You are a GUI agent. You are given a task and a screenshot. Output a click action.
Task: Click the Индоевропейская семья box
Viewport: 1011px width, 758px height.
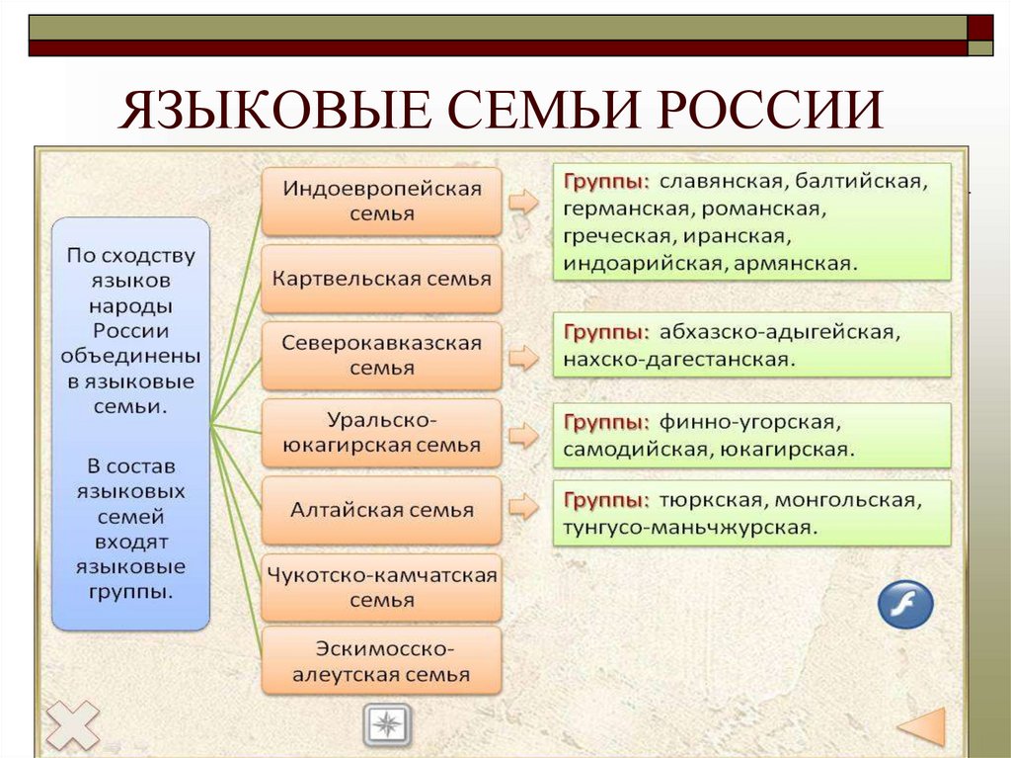381,201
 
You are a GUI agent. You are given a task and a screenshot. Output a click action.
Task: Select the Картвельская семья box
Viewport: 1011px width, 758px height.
381,279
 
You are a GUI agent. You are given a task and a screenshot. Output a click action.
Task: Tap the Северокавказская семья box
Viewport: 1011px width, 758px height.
381,356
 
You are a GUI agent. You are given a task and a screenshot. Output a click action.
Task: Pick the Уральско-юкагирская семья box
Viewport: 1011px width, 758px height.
381,433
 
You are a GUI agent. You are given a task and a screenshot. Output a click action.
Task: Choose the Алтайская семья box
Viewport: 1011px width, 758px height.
381,510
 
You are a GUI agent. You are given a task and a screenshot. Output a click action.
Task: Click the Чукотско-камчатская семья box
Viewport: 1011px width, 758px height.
381,588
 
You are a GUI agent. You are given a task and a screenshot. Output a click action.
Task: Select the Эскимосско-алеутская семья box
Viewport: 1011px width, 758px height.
381,663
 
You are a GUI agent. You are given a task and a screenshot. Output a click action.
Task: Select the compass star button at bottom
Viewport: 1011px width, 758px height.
387,725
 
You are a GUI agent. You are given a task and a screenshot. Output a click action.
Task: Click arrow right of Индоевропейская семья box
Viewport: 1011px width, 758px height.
523,203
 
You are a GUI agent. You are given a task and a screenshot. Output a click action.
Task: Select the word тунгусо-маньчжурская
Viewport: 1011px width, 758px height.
690,528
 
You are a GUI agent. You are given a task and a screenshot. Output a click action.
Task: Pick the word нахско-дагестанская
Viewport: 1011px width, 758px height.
679,360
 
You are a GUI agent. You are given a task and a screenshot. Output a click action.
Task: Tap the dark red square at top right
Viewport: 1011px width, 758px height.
980,26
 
